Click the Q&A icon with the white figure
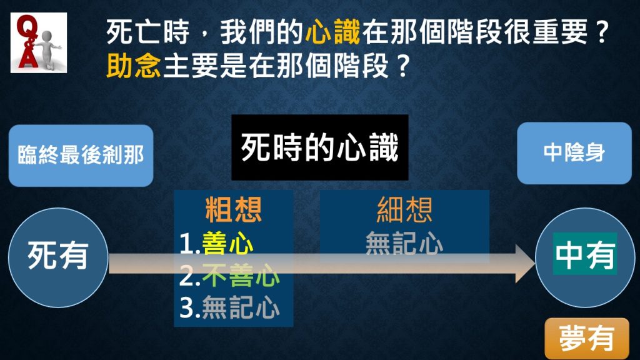point(39,43)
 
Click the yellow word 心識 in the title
point(332,32)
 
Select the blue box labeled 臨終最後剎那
point(81,156)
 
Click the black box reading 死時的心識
point(319,147)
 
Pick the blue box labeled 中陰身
point(574,153)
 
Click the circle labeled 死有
point(58,257)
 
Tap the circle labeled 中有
point(585,257)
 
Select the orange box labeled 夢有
point(586,339)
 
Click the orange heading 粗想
point(234,210)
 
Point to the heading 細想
point(404,210)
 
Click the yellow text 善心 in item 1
point(227,244)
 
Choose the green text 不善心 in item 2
point(241,275)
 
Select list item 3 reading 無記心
point(230,307)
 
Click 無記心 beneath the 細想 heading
point(404,244)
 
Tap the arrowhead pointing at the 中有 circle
point(525,263)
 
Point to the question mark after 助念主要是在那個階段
point(402,66)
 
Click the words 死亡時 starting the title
point(147,32)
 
